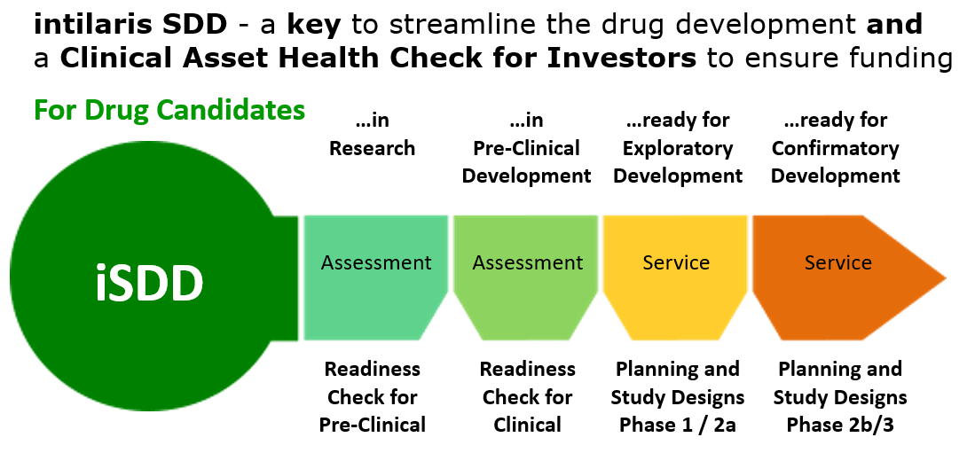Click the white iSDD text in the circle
[149, 282]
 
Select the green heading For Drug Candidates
[169, 110]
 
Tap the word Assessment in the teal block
[376, 263]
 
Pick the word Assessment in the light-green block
[528, 263]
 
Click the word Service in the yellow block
[677, 263]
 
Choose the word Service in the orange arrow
[838, 263]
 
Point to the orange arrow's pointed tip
[946, 277]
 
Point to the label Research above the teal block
[372, 149]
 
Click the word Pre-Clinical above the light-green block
[526, 149]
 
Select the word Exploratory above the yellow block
[678, 150]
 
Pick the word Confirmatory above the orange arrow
[836, 150]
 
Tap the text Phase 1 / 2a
[678, 425]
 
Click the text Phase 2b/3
[840, 425]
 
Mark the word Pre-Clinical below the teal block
[373, 425]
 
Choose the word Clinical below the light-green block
[528, 425]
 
